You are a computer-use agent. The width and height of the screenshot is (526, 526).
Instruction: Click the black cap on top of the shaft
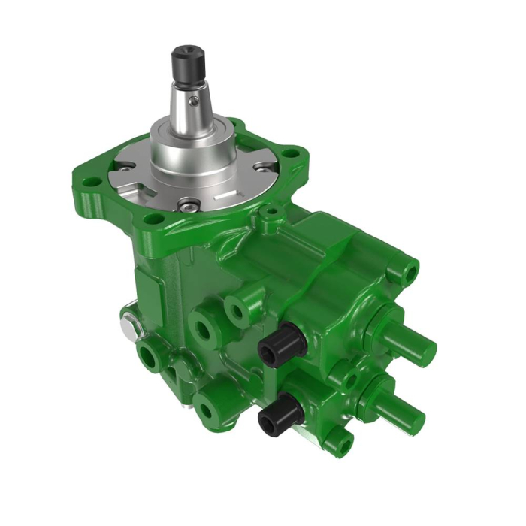(x=186, y=60)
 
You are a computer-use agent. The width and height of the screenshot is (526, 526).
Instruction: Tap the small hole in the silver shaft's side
(x=195, y=98)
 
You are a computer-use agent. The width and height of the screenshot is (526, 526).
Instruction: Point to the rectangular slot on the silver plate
(x=224, y=193)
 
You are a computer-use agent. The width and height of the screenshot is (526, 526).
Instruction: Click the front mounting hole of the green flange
(x=154, y=219)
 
